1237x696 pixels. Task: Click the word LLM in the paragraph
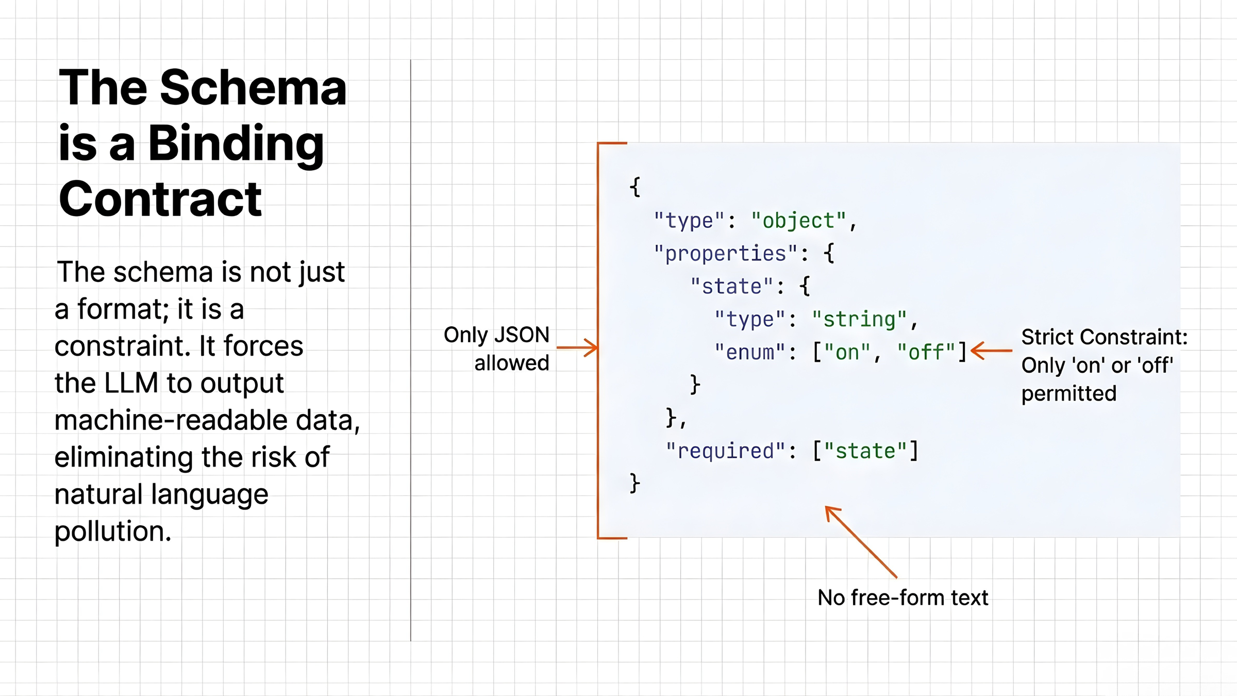[131, 383]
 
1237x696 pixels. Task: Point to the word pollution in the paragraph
[112, 531]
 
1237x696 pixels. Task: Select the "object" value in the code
[798, 221]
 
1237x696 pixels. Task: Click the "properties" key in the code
[726, 254]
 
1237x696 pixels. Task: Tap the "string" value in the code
[859, 319]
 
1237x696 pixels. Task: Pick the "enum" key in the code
[750, 352]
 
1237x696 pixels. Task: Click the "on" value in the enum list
[847, 352]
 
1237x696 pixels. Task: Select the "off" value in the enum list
[926, 352]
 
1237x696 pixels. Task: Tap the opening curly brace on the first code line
[635, 187]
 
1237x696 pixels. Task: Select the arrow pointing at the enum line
[991, 351]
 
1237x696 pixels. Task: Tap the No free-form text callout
[902, 598]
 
